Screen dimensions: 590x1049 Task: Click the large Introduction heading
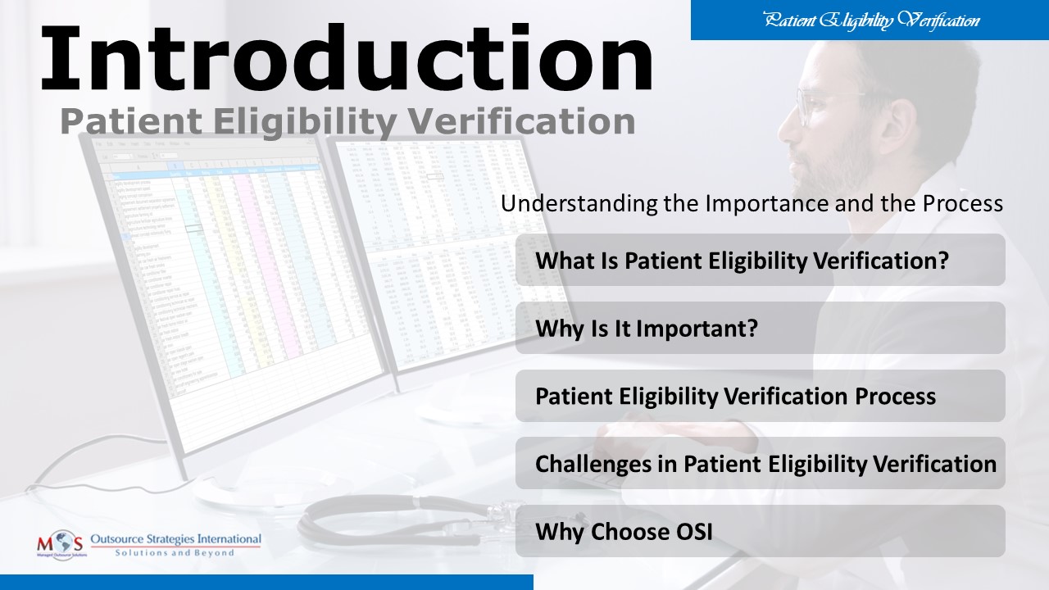(x=346, y=59)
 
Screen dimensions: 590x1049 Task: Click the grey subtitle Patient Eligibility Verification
(x=347, y=121)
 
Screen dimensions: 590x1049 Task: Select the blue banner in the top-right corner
(x=870, y=20)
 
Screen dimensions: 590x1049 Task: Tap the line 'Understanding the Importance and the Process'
(x=752, y=203)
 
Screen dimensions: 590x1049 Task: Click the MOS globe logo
(x=60, y=542)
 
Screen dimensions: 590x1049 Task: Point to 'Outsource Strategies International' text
(x=175, y=539)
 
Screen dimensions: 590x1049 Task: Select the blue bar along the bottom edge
(x=266, y=582)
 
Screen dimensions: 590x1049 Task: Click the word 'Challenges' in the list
(x=587, y=464)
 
